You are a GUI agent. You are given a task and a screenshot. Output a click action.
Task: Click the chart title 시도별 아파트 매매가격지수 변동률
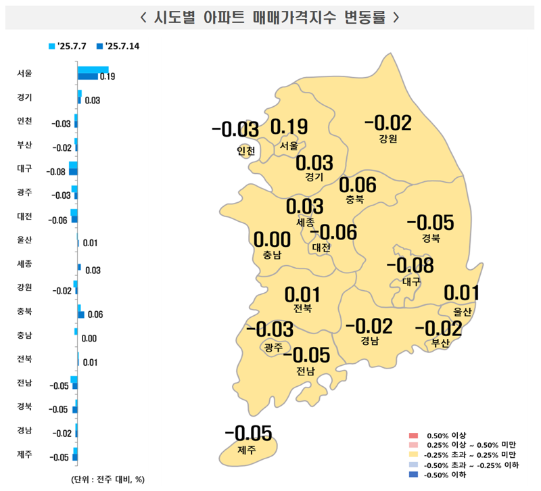pos(270,17)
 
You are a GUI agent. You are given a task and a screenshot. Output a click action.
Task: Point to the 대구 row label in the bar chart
pos(24,167)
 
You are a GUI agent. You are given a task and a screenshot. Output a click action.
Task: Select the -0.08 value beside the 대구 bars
pos(55,172)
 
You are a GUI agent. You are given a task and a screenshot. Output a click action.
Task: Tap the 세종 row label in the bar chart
pos(24,262)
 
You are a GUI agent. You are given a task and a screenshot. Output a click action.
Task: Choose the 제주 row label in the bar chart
pos(24,453)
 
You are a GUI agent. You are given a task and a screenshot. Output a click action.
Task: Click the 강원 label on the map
pos(387,139)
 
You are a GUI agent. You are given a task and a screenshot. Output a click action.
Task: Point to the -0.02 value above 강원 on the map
pos(387,123)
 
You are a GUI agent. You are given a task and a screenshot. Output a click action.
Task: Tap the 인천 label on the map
pos(246,151)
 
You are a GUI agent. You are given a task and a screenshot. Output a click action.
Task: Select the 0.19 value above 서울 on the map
pos(289,127)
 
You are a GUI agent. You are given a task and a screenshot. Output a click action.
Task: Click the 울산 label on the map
pos(462,311)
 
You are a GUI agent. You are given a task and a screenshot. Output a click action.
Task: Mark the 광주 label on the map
pos(273,348)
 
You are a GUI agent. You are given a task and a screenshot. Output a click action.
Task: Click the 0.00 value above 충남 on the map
pos(272,239)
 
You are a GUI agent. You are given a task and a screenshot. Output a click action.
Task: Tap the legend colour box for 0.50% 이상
pos(412,434)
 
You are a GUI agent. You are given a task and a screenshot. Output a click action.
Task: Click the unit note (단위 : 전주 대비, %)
pos(108,479)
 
